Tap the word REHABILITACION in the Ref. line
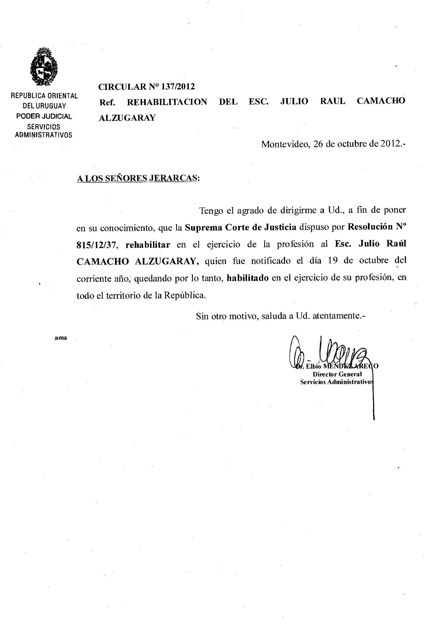[x=167, y=102]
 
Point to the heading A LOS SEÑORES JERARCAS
[x=138, y=178]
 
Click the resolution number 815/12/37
[x=97, y=245]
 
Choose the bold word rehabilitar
[x=148, y=245]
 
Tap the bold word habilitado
[x=248, y=278]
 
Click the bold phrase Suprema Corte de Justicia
[x=240, y=227]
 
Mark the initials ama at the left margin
[x=61, y=338]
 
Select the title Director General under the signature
[x=337, y=374]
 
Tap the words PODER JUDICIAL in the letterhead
[x=44, y=116]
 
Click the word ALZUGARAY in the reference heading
[x=127, y=118]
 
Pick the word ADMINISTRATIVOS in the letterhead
[x=44, y=135]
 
